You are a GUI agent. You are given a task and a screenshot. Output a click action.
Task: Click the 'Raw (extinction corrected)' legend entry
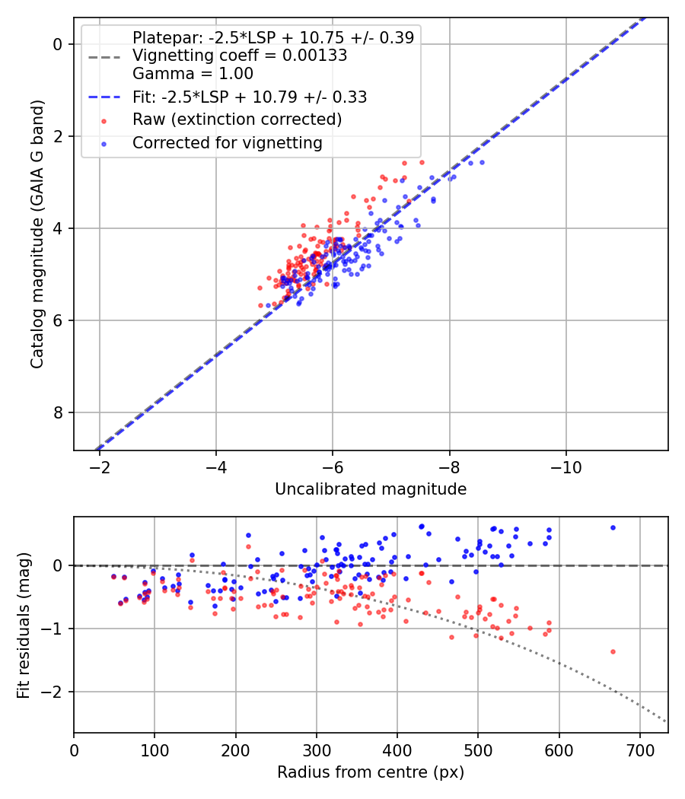[x=237, y=119]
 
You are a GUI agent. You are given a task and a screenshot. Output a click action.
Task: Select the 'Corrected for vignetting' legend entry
[x=227, y=142]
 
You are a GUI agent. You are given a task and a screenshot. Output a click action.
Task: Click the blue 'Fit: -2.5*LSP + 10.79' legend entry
[x=250, y=97]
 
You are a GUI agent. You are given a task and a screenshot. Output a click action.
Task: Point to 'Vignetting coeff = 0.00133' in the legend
[x=240, y=56]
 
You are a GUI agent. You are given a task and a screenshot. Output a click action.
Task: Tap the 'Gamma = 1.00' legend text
[x=193, y=74]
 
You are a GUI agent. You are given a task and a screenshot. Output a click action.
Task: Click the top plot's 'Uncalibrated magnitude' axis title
[x=371, y=489]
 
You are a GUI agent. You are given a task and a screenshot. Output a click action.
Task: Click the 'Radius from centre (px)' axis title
[x=371, y=772]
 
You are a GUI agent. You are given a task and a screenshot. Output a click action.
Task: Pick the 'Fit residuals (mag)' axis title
[x=24, y=624]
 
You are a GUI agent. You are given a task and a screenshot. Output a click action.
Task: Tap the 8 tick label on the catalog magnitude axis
[x=57, y=413]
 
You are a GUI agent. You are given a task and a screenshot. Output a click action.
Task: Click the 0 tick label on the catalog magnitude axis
[x=57, y=45]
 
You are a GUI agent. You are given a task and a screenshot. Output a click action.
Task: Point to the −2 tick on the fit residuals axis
[x=53, y=692]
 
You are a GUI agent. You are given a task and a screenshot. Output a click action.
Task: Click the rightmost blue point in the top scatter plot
[x=482, y=162]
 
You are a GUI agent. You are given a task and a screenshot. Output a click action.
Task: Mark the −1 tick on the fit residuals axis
[x=53, y=629]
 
